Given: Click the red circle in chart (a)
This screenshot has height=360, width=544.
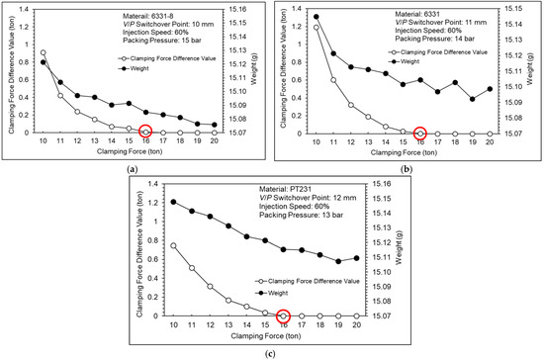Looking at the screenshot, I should (145, 131).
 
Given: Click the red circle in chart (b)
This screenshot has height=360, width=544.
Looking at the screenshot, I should (419, 132).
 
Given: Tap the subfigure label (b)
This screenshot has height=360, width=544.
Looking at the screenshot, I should (407, 169).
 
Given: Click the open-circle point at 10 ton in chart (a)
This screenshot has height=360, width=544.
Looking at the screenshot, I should (43, 53).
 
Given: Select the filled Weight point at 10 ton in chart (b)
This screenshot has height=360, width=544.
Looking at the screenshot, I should (317, 17).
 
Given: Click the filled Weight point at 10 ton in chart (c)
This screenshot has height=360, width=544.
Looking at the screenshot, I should (173, 202).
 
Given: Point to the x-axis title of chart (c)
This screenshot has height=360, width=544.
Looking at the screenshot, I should (270, 340).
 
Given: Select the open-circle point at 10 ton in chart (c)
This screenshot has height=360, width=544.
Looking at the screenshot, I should (173, 245).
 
